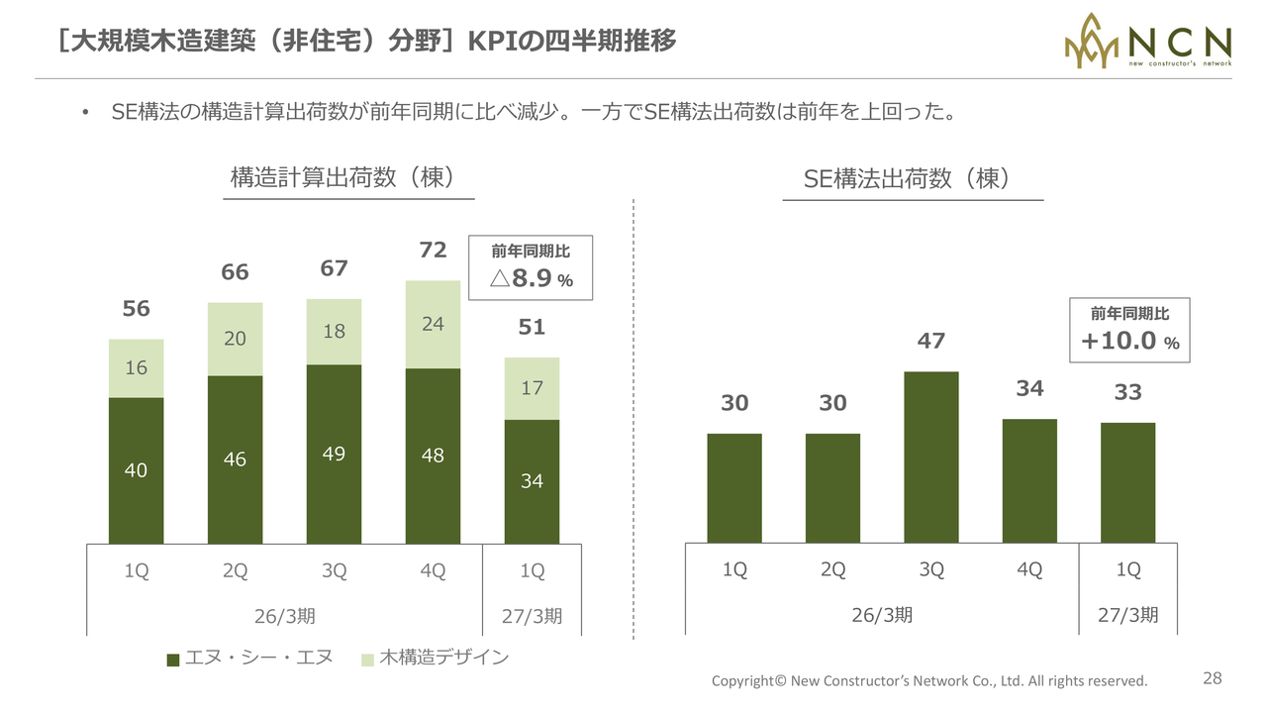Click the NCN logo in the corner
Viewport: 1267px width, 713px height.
click(1147, 41)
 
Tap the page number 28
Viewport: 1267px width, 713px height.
click(1213, 678)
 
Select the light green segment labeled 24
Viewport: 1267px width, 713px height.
click(433, 325)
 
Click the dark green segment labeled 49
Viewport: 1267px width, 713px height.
click(334, 455)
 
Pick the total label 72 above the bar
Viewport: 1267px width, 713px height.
click(433, 250)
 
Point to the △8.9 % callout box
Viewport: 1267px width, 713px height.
click(531, 267)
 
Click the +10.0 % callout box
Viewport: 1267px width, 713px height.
click(1129, 330)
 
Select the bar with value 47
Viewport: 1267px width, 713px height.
click(931, 458)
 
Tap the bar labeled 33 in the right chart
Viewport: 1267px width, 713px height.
click(1127, 482)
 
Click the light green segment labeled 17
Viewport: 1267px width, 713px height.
click(532, 389)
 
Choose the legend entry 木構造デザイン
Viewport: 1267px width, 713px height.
click(435, 658)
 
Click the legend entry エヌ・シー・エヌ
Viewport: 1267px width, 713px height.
click(249, 658)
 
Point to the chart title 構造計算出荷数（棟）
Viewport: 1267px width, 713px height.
click(342, 177)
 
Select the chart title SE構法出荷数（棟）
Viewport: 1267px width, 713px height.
click(907, 178)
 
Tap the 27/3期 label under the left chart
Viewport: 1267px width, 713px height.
click(532, 616)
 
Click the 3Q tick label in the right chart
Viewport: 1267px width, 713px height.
click(931, 569)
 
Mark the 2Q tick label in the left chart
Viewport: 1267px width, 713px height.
click(235, 570)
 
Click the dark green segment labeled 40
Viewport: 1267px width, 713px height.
click(137, 470)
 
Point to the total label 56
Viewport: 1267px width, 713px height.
click(137, 308)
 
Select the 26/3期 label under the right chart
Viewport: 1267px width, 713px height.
click(882, 615)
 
